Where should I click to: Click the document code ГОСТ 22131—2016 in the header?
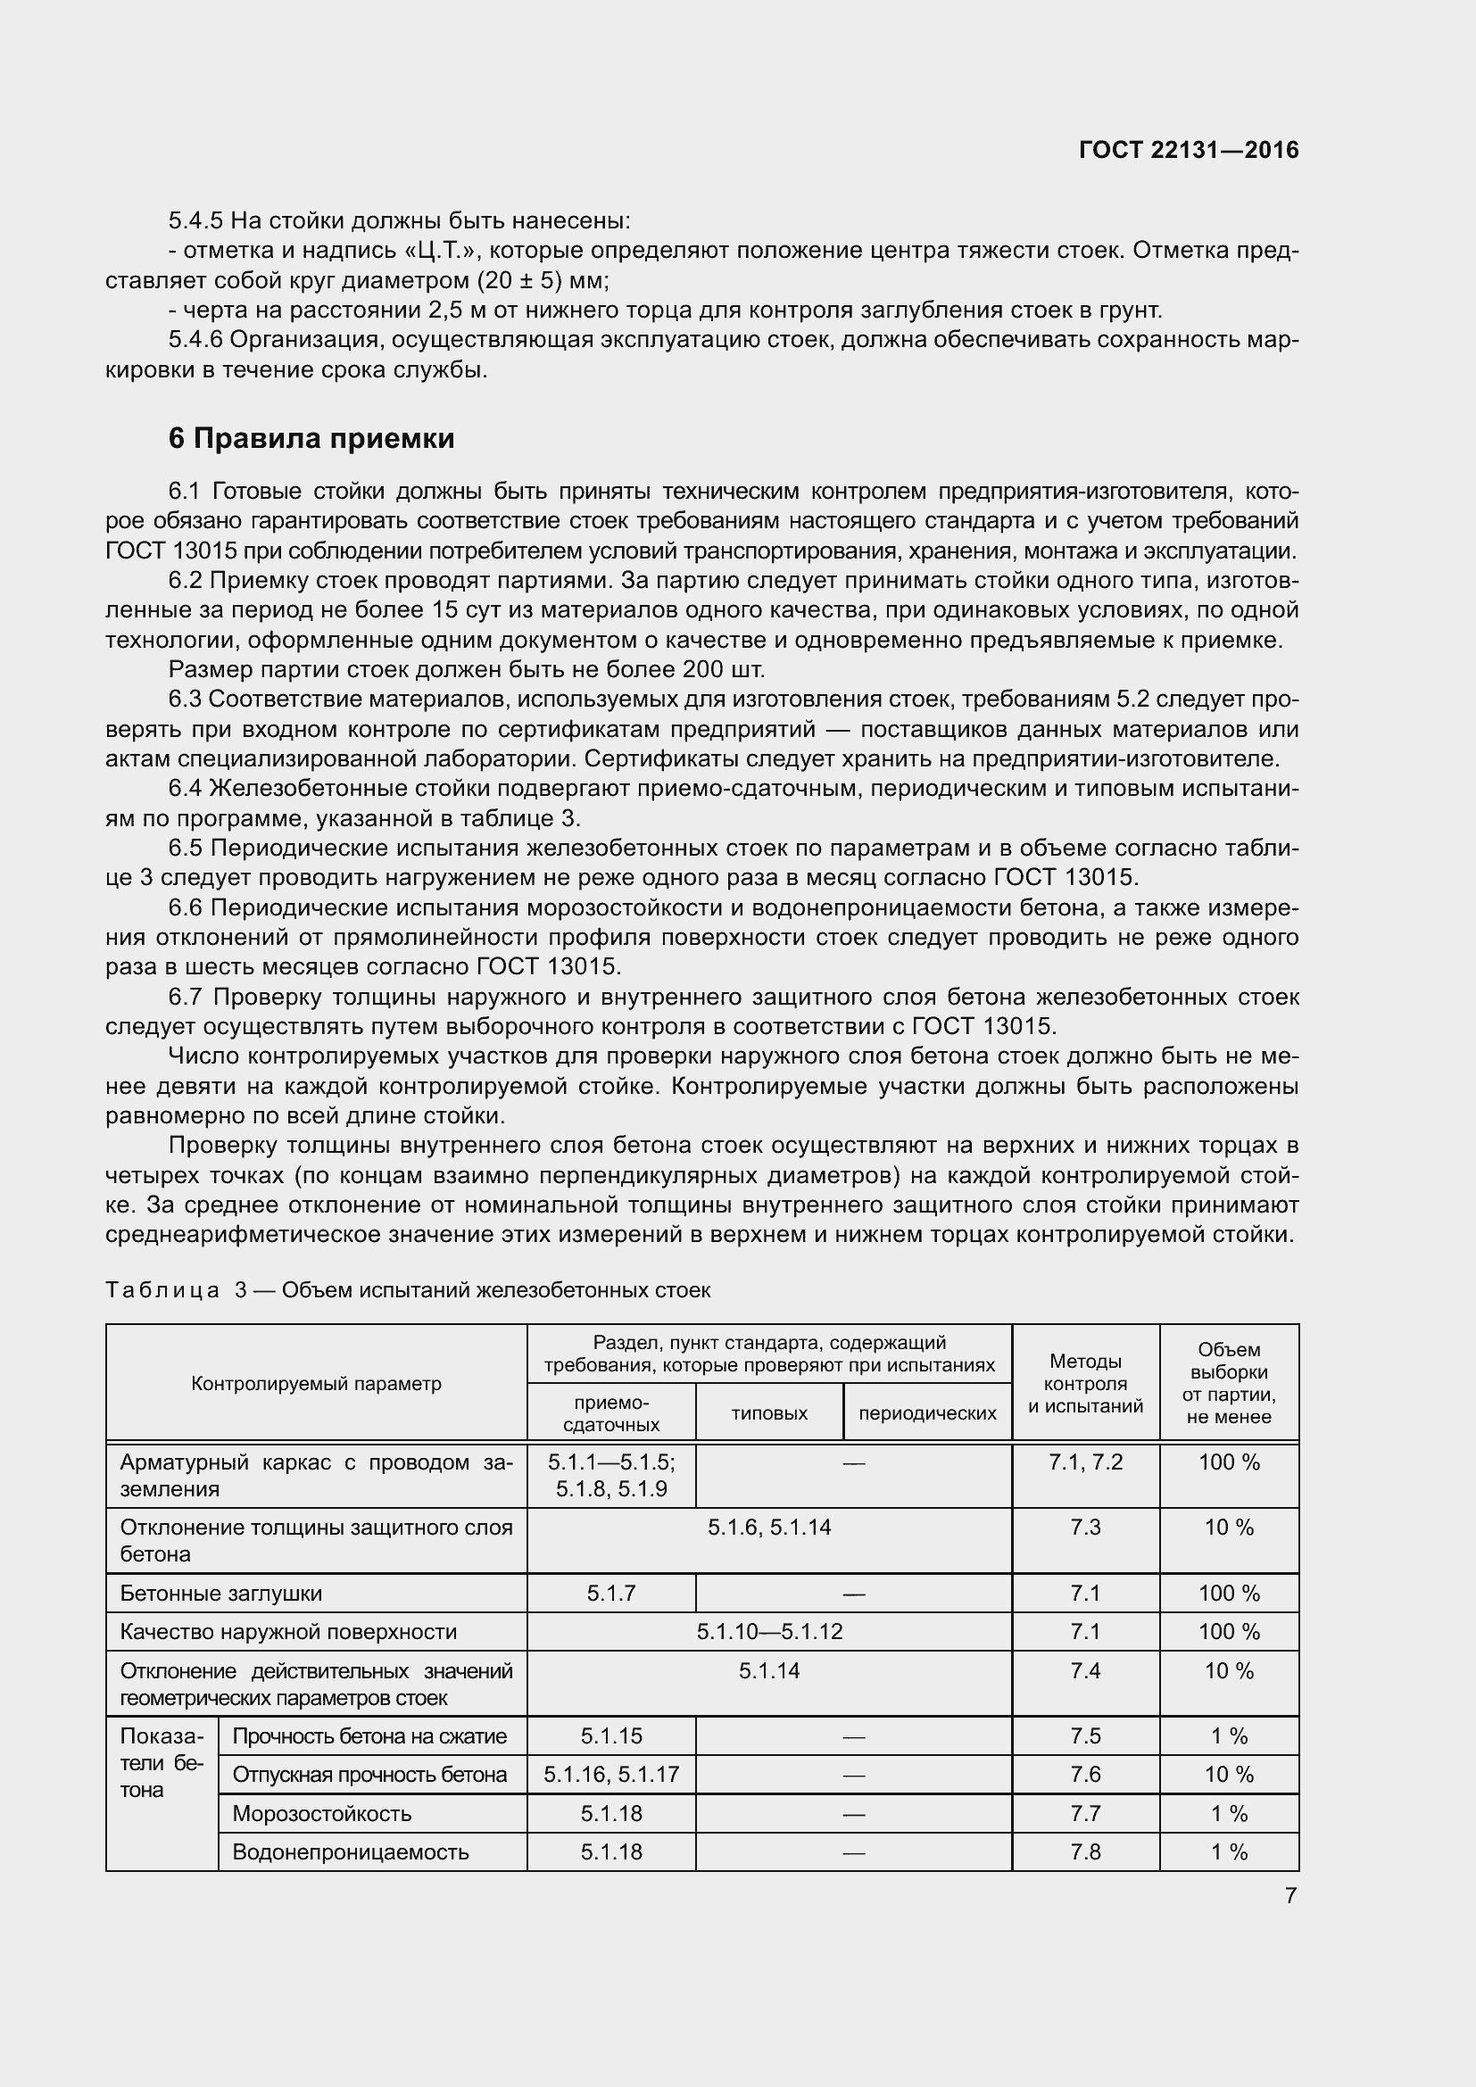1188,150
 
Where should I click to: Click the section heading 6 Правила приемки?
311,439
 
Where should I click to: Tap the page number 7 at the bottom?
1290,1895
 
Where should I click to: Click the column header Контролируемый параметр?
315,1384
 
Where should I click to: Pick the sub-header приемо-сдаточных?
610,1413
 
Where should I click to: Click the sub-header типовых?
769,1413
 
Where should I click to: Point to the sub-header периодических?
927,1413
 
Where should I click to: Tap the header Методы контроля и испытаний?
1085,1384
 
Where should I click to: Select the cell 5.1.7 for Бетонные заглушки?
610,1593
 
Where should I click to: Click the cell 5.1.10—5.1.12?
769,1631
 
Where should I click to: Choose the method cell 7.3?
1085,1527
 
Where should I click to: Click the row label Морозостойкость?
322,1813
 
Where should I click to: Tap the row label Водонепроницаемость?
350,1851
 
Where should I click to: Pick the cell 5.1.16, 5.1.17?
610,1775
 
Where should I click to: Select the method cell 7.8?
1085,1851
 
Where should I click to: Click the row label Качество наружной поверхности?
288,1631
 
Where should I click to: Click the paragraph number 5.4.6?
195,340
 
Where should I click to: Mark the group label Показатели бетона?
161,1762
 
